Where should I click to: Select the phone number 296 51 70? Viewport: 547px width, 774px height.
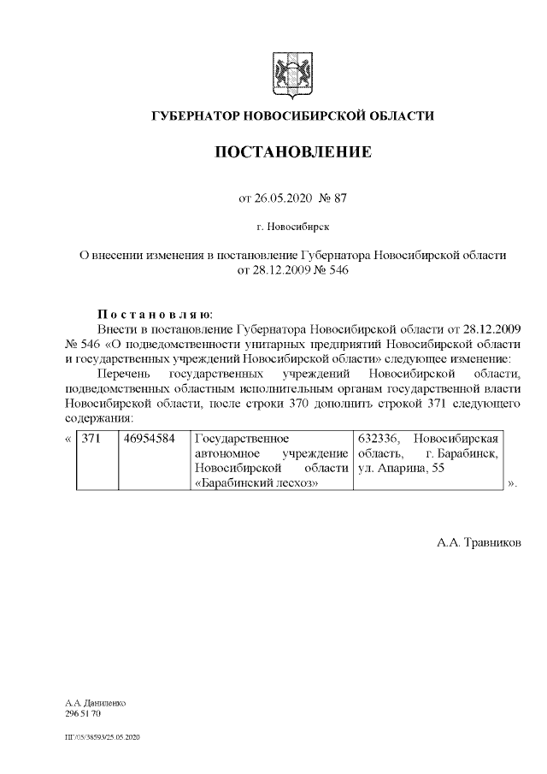click(84, 712)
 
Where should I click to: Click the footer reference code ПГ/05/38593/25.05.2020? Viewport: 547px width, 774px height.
click(103, 736)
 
